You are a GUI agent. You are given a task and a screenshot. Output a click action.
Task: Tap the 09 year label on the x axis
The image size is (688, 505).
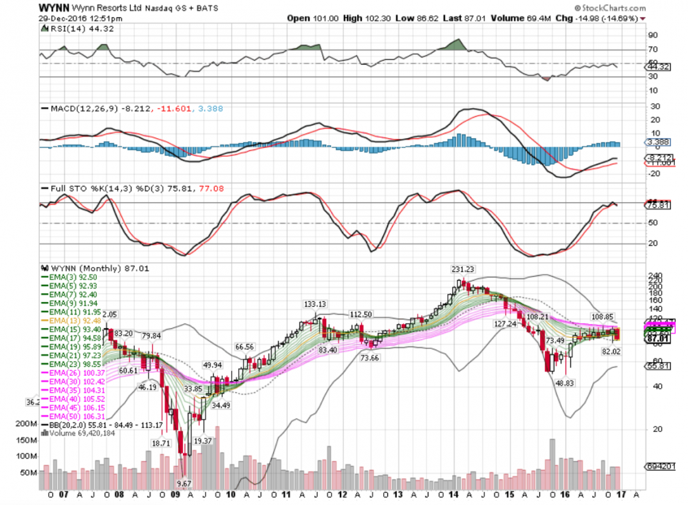(x=175, y=494)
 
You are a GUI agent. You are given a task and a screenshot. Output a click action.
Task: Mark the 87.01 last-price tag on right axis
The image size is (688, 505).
(x=658, y=339)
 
